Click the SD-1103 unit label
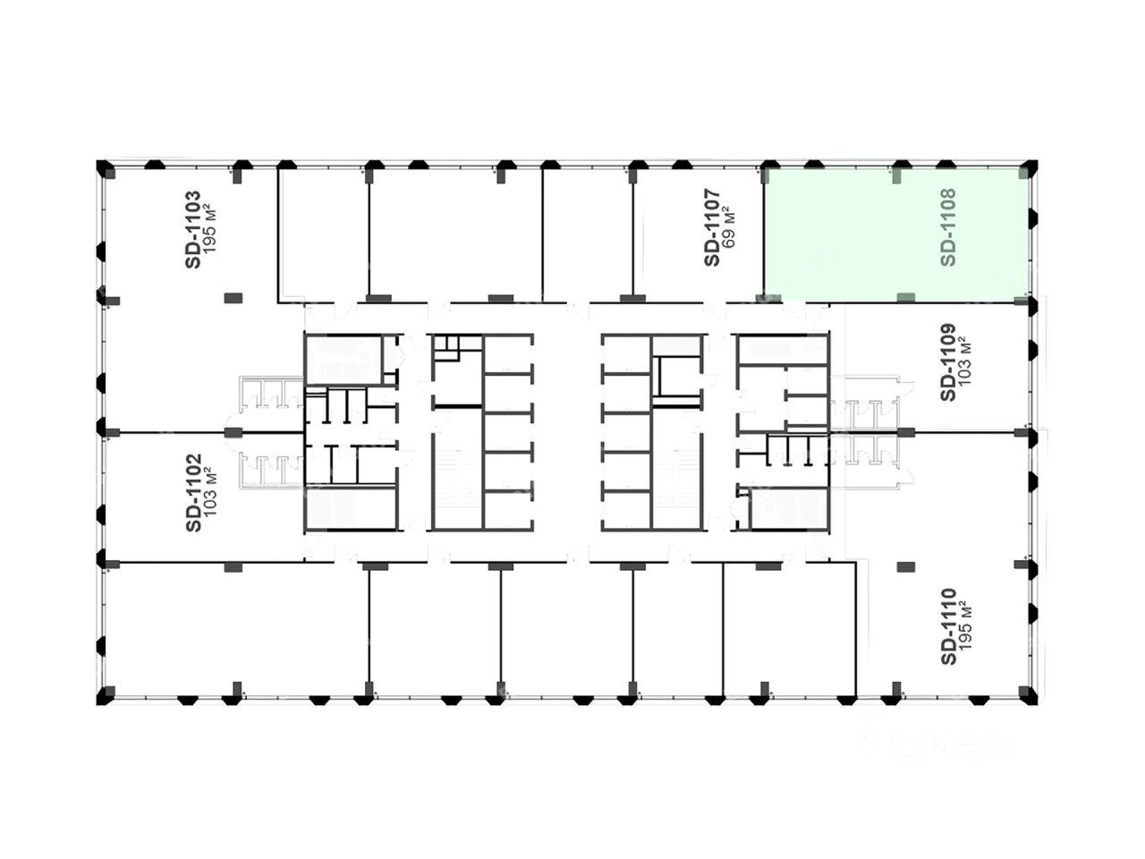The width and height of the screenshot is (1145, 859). pyautogui.click(x=192, y=228)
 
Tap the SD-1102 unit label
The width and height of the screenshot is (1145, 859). pyautogui.click(x=192, y=493)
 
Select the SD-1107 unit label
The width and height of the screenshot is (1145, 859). pyautogui.click(x=712, y=227)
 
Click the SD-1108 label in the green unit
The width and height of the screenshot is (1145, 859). pyautogui.click(x=949, y=227)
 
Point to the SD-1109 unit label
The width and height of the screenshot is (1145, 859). pyautogui.click(x=948, y=361)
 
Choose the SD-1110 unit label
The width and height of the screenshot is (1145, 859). pyautogui.click(x=948, y=626)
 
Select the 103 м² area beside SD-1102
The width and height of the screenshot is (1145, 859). pyautogui.click(x=210, y=493)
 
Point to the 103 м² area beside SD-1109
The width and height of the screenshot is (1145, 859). pyautogui.click(x=966, y=361)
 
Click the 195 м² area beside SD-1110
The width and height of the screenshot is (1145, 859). pyautogui.click(x=966, y=626)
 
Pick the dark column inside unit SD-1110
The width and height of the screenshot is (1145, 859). pyautogui.click(x=905, y=566)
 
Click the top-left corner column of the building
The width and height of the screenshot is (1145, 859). pyautogui.click(x=104, y=167)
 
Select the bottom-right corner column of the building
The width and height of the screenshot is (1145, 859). pyautogui.click(x=1030, y=696)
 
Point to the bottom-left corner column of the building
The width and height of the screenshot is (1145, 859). pyautogui.click(x=104, y=696)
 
